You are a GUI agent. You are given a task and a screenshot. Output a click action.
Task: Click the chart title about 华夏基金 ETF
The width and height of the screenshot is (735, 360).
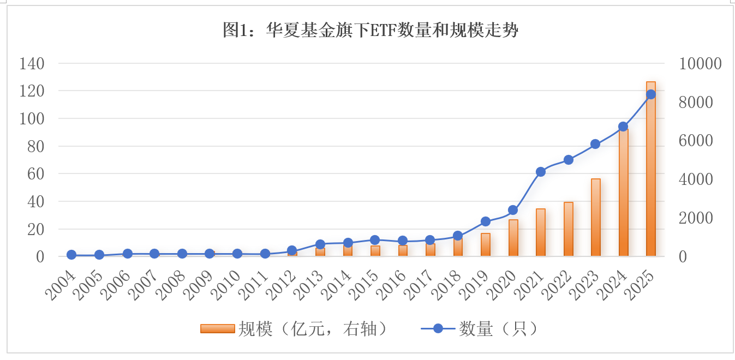point(370,30)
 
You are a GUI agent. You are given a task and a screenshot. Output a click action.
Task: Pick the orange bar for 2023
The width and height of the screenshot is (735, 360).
point(595,218)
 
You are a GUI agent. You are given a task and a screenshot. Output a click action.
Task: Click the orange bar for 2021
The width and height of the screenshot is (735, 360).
point(540,233)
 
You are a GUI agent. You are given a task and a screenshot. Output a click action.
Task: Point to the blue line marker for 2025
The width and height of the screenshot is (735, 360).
point(650,94)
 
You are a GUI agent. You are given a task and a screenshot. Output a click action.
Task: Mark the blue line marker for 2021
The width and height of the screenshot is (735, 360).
point(540,172)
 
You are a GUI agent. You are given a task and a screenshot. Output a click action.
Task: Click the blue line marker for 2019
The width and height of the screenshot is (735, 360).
point(485,221)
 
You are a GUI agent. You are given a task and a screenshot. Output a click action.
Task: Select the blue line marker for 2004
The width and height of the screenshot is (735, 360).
point(71,255)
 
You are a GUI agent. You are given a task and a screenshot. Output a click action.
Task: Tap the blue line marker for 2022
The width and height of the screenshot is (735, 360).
point(568,160)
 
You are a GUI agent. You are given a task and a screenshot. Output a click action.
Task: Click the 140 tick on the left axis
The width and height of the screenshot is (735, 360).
point(31,63)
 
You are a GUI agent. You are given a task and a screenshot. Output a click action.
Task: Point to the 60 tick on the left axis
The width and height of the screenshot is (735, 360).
point(35,174)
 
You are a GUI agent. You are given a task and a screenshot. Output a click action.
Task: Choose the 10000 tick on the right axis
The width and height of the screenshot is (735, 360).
point(700,63)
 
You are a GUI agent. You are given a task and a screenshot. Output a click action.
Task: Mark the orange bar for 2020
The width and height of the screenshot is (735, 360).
point(513,238)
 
